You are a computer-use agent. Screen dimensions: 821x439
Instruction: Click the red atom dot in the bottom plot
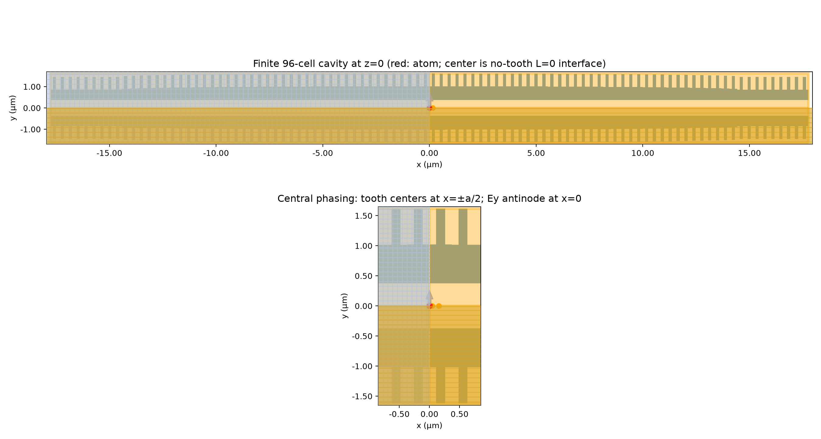tap(429, 306)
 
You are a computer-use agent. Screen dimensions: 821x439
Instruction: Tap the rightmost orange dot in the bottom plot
tap(439, 306)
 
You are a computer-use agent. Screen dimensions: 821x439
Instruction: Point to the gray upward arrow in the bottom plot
tap(429, 298)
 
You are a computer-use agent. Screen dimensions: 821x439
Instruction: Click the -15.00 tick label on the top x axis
tap(109, 154)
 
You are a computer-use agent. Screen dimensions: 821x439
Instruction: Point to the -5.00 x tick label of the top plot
tap(323, 154)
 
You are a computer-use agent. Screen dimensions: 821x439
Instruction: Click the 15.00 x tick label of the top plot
tap(749, 154)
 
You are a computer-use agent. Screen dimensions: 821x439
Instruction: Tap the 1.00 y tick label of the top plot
tap(32, 87)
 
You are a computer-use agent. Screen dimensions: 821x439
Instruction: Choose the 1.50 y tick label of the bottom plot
tap(364, 216)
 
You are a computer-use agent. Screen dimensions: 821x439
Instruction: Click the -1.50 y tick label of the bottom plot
tap(362, 396)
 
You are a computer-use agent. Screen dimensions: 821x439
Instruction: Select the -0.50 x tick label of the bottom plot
tap(399, 414)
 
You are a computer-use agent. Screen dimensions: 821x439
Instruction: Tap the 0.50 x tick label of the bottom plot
tap(459, 414)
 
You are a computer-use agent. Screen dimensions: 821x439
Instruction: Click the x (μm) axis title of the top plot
tap(429, 164)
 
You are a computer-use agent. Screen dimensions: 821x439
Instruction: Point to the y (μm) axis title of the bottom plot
tap(344, 306)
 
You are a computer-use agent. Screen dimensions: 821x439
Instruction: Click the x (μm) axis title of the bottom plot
tap(429, 426)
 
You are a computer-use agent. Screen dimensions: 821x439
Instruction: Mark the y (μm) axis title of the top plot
tap(13, 108)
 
